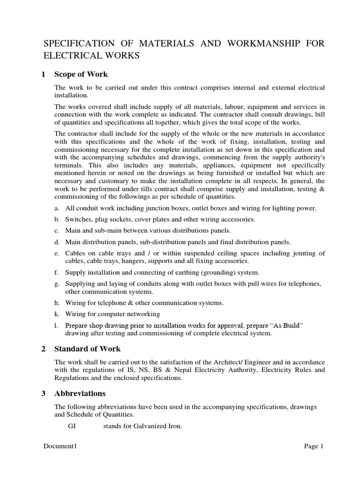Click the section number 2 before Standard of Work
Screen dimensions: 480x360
43,349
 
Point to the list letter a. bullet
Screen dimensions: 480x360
57,208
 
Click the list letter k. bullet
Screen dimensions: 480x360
57,314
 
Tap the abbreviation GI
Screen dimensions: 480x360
72,426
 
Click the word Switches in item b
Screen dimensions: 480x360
76,219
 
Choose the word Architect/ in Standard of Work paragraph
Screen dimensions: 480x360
217,362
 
